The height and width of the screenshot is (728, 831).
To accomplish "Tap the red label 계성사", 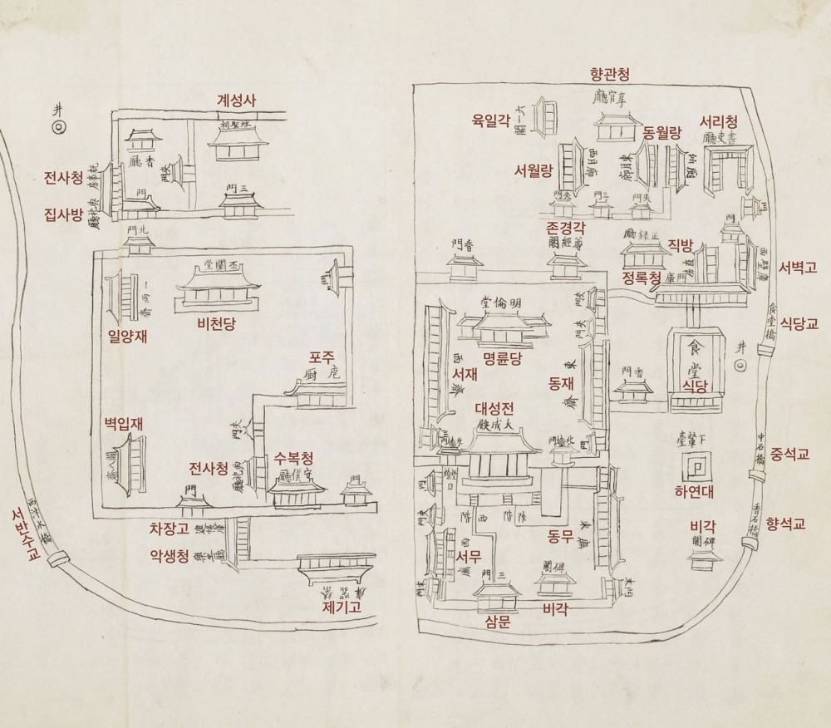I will tap(236, 100).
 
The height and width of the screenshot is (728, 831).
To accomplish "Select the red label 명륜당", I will tap(500, 359).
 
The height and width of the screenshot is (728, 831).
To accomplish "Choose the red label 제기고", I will tap(340, 607).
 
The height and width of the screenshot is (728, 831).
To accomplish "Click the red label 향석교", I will tap(786, 524).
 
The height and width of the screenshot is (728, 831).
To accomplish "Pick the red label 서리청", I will tap(719, 121).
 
